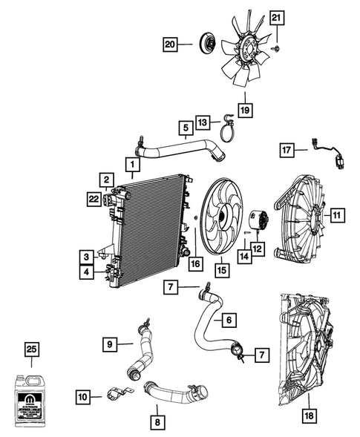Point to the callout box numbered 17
point(287,150)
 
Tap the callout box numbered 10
point(83,398)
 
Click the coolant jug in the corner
point(32,398)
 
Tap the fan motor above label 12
point(260,218)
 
